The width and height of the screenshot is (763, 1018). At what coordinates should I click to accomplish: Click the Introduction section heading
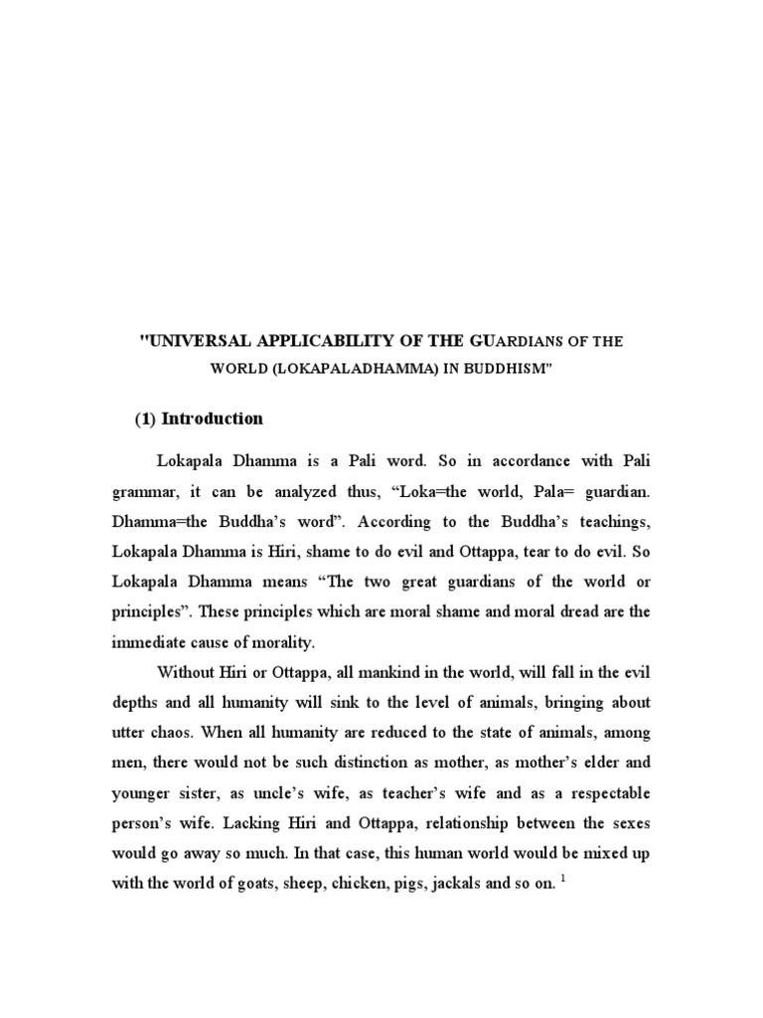tap(213, 419)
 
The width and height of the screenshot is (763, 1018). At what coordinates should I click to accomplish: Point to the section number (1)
tap(146, 419)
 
